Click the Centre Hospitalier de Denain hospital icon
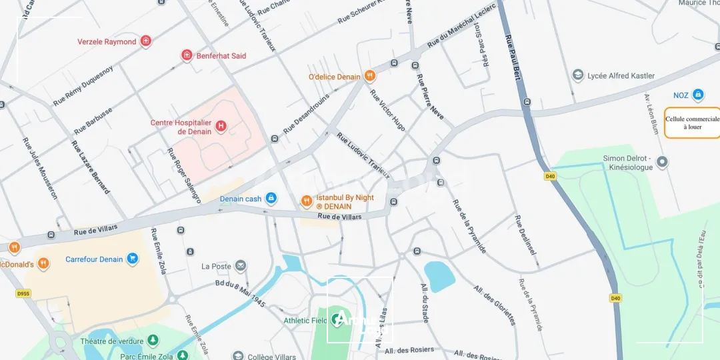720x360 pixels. pos(221,125)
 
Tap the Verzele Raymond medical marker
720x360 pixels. pos(145,41)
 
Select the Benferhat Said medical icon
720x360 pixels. pos(187,55)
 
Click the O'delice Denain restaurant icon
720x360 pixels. pos(370,77)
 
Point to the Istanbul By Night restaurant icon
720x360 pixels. pos(306,201)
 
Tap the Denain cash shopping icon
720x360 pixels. pos(271,198)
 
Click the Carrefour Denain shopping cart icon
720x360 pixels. pos(132,259)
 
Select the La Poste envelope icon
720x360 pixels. pos(241,266)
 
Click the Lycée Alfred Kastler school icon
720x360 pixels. pos(578,75)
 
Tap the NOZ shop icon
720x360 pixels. pos(698,95)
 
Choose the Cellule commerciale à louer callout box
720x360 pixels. pos(692,123)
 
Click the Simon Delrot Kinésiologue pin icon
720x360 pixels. pos(662,161)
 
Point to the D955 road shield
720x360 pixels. pos(24,293)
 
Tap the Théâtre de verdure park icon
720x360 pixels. pos(153,341)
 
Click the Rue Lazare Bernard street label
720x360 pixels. pos(91,167)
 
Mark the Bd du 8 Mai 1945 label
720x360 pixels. pos(241,293)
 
